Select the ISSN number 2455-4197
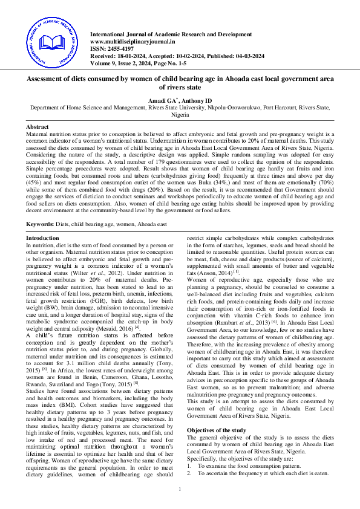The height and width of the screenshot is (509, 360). click(x=118, y=48)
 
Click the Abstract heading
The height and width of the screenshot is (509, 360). click(x=37, y=127)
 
